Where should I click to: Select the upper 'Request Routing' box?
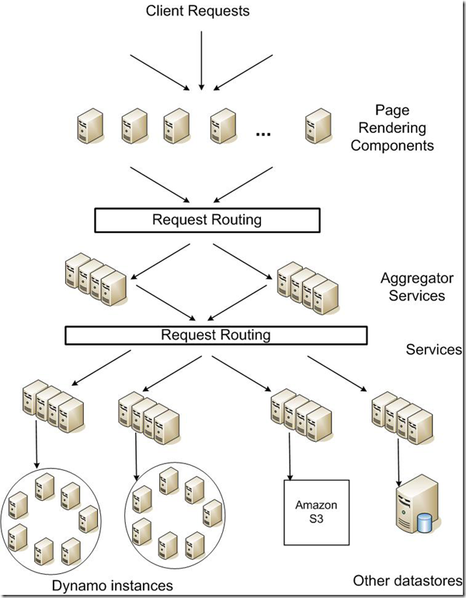(x=207, y=220)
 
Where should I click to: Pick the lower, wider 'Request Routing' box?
(x=215, y=336)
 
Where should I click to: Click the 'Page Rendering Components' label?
(x=392, y=128)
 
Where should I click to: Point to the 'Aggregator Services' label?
(x=417, y=287)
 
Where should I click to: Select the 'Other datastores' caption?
(x=408, y=580)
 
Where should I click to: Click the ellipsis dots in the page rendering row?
(x=263, y=134)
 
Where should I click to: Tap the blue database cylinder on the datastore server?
(x=423, y=523)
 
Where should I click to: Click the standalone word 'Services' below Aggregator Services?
(x=433, y=349)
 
